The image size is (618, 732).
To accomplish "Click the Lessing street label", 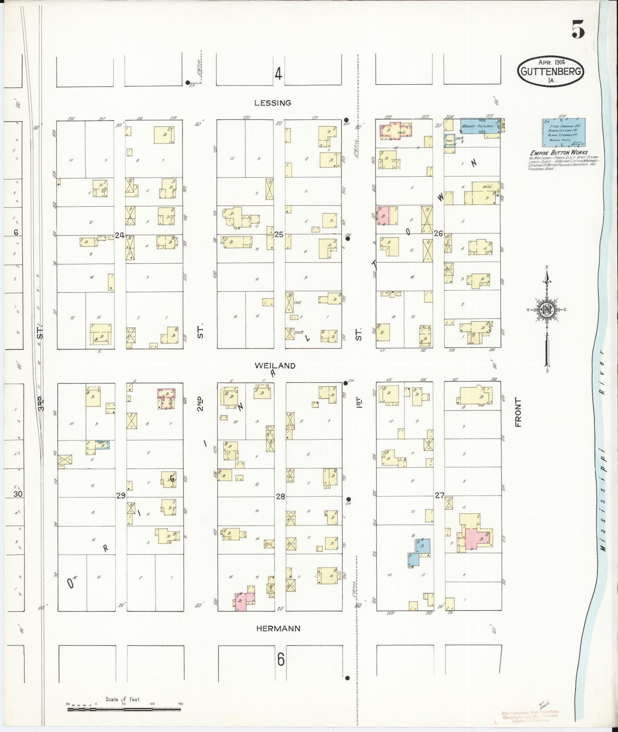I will tap(272, 103).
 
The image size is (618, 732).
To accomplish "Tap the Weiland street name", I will tap(275, 366).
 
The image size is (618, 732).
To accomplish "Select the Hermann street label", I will tap(278, 629).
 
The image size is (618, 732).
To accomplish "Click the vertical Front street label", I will tap(518, 413).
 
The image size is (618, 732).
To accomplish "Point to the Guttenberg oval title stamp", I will tap(550, 71).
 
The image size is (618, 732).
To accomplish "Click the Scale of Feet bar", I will tap(124, 709).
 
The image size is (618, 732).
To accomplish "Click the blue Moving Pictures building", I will tap(479, 127).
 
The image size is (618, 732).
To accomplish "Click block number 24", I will tap(119, 235).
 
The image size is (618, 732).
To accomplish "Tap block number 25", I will tap(279, 234).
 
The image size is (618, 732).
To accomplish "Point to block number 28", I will tap(280, 497).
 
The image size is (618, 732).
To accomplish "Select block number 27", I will tap(439, 495).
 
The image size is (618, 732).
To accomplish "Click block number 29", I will tap(121, 496).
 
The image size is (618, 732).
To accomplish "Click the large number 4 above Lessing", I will tap(278, 75).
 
